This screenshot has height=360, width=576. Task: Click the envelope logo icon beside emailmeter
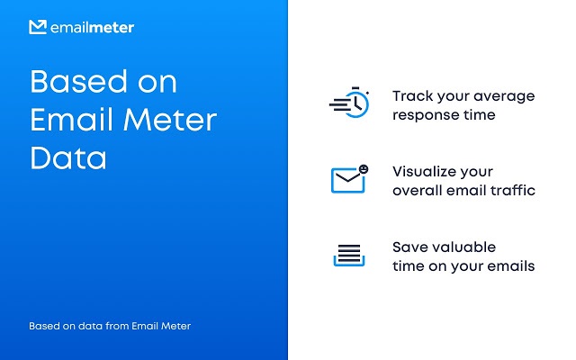click(x=38, y=27)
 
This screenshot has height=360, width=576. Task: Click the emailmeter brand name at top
click(x=92, y=28)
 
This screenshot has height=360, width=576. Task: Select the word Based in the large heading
click(x=78, y=81)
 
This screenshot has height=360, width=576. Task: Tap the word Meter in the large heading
click(x=170, y=120)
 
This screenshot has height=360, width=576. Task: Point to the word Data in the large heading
click(x=68, y=158)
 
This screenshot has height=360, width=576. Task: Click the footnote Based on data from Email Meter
click(x=110, y=326)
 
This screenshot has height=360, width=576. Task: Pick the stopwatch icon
click(x=349, y=103)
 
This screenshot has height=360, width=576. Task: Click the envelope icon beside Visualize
click(x=348, y=180)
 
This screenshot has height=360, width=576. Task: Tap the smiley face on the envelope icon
click(x=364, y=169)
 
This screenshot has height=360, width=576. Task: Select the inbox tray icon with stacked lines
click(x=349, y=256)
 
